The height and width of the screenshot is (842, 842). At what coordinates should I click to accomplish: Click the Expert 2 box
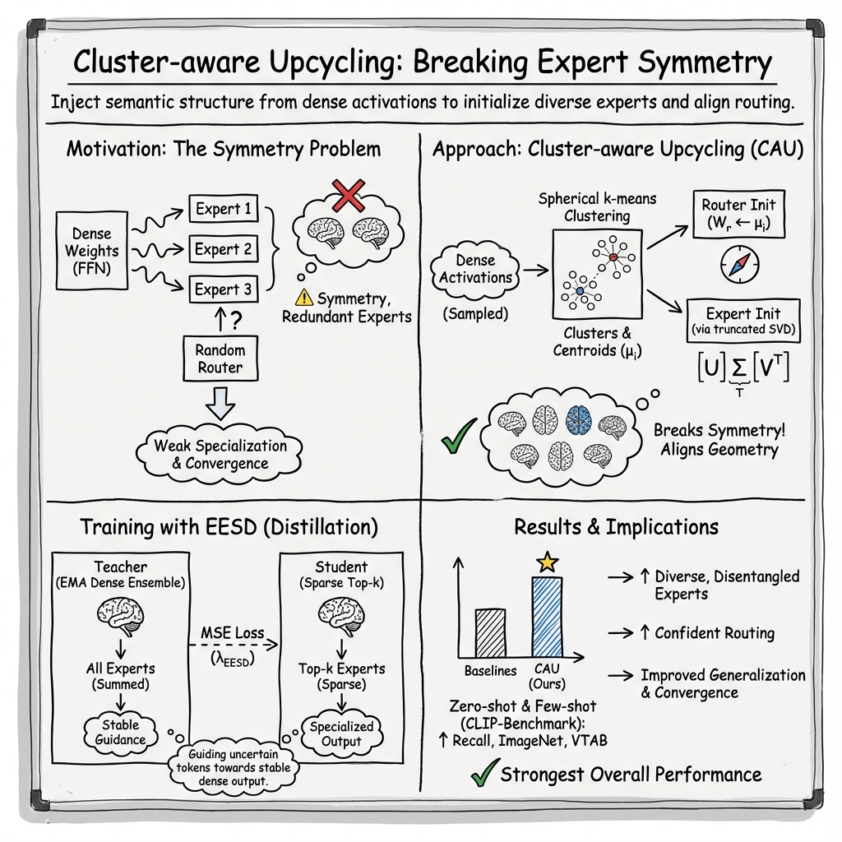[x=224, y=248]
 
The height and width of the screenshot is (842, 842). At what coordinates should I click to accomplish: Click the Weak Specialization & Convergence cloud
[x=220, y=454]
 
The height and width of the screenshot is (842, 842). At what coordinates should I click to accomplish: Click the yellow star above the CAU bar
[x=547, y=562]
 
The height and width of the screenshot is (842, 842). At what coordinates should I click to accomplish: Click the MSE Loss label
[x=233, y=632]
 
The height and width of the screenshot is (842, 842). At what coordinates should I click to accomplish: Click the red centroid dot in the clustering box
[x=613, y=258]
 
